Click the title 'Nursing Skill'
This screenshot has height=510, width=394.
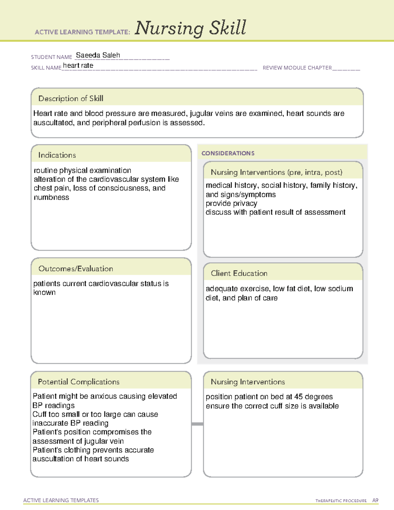pos(190,28)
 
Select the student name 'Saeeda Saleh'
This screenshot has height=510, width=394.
pos(98,55)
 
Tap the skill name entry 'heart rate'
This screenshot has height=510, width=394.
pos(78,65)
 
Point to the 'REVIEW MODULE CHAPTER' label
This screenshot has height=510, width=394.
pos(297,68)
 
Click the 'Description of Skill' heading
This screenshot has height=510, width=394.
pos(71,99)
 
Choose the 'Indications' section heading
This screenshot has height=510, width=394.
pos(57,155)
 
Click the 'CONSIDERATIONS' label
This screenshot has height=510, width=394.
pos(228,153)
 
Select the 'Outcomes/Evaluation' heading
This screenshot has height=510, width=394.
pos(76,269)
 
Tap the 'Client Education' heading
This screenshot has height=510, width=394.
pos(239,273)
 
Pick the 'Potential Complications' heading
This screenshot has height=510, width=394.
pos(78,382)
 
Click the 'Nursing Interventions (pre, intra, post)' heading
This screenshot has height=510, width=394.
pos(276,172)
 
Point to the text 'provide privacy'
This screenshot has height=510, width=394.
pos(231,203)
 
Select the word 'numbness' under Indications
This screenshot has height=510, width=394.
pos(52,197)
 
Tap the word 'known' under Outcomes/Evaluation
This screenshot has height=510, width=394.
pos(44,292)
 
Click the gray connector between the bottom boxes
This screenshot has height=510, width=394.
pos(197,424)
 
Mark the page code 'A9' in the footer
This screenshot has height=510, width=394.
pos(375,500)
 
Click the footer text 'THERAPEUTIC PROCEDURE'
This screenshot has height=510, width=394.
pos(341,501)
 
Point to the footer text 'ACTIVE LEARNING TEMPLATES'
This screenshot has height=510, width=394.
pos(61,500)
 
